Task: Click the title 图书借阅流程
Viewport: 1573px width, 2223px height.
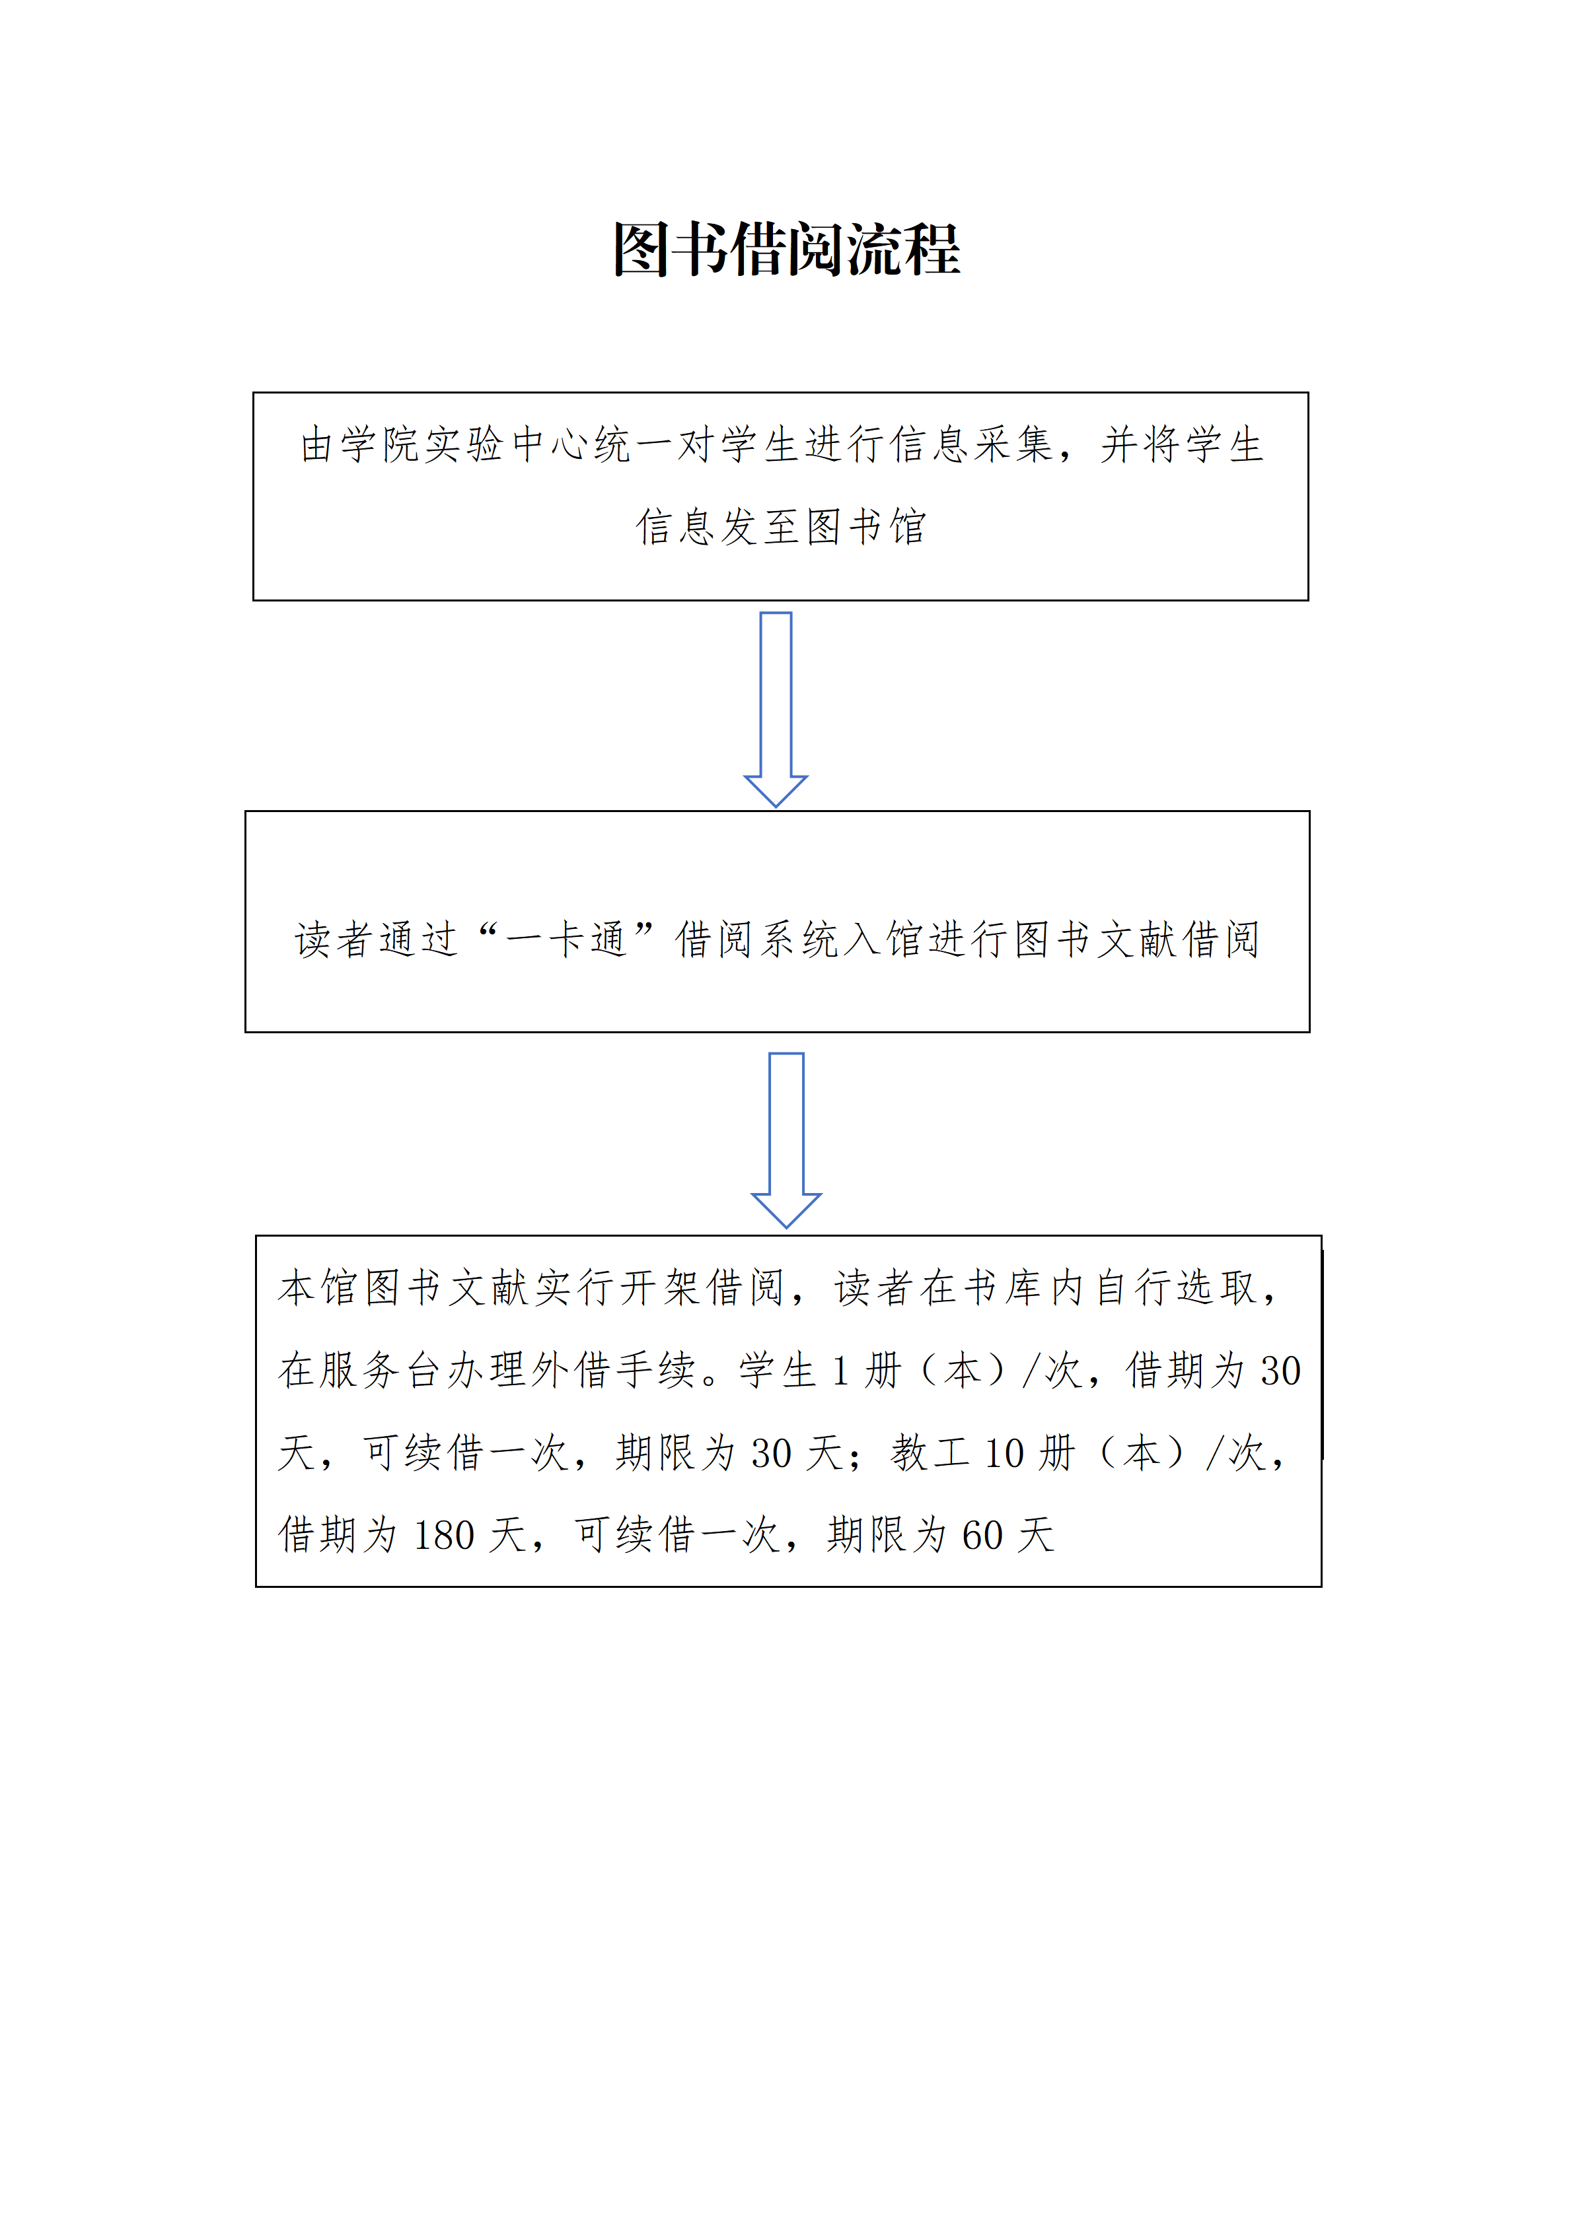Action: coord(786,250)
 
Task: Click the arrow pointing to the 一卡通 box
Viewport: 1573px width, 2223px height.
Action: coord(776,708)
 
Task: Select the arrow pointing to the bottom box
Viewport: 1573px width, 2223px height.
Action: coord(786,1140)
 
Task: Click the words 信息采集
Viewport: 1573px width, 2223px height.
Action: coord(972,444)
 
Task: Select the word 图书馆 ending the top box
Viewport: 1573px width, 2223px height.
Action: coord(865,527)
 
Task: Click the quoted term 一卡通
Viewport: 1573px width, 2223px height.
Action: coord(567,939)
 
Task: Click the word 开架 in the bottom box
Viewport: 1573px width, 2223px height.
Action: coord(659,1287)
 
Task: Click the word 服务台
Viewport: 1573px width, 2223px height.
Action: coord(384,1370)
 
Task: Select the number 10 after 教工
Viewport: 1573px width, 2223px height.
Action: coord(1004,1453)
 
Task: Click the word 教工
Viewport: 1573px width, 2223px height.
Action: coord(930,1453)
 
